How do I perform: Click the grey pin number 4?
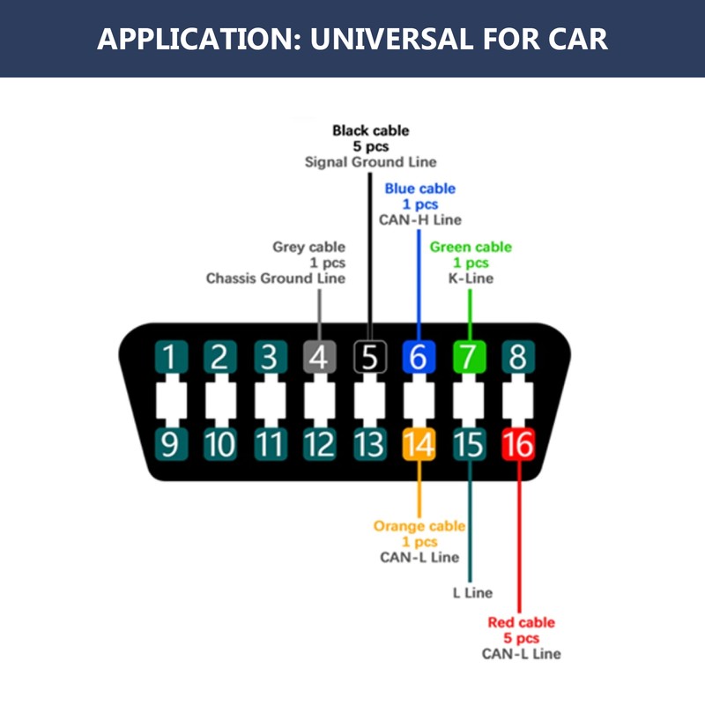(319, 357)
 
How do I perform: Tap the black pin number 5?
(369, 357)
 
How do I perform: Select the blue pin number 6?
(419, 357)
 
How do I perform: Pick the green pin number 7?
(469, 357)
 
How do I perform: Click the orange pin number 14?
(419, 444)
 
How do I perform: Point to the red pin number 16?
(518, 444)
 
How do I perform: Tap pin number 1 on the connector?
(171, 357)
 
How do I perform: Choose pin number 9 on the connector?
(171, 444)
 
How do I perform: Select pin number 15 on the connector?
(469, 444)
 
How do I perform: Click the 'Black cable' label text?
(370, 130)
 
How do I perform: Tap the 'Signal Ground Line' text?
(370, 162)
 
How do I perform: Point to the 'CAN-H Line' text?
(420, 219)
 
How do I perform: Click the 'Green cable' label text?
(471, 247)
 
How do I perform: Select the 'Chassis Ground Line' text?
(276, 278)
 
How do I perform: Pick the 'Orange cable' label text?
(419, 525)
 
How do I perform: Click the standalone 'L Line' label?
(472, 592)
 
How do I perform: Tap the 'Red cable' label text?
(521, 622)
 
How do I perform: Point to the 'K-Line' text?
(471, 278)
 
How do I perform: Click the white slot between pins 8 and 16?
(518, 401)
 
